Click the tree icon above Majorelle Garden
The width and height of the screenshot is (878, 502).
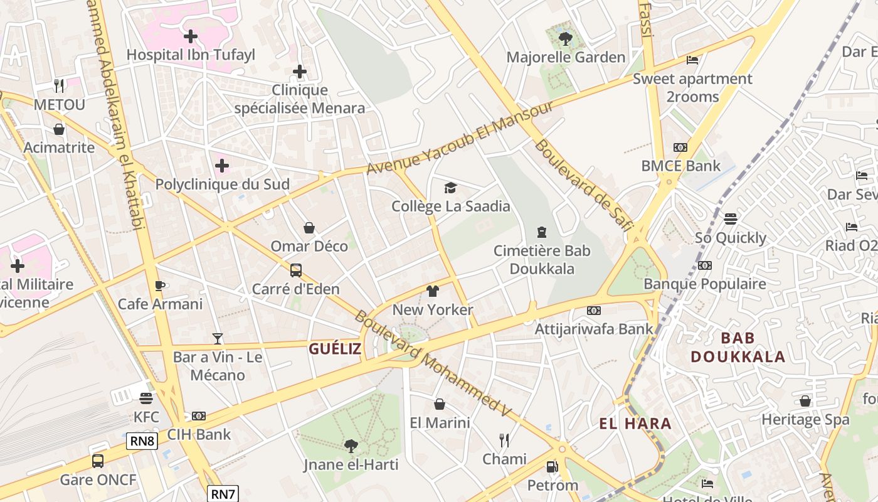click(565, 39)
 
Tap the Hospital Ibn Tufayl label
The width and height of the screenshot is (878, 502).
click(191, 55)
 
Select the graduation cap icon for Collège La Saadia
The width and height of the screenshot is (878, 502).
click(450, 188)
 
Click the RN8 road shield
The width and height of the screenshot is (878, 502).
click(142, 441)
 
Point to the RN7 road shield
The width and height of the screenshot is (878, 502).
click(223, 494)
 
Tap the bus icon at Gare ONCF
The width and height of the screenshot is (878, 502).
click(98, 461)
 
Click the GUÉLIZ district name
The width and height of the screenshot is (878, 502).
click(335, 349)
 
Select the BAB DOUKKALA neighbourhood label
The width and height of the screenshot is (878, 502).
click(738, 348)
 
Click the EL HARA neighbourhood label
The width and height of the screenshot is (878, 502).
click(635, 424)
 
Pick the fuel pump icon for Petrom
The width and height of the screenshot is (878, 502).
click(552, 467)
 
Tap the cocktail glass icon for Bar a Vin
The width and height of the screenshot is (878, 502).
click(218, 339)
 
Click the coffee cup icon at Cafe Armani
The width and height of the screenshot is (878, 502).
click(160, 286)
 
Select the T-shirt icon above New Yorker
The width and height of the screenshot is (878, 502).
click(433, 291)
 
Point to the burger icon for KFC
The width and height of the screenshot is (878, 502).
click(146, 398)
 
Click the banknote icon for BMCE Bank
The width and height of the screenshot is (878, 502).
click(680, 147)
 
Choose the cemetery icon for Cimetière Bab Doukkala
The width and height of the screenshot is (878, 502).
click(542, 232)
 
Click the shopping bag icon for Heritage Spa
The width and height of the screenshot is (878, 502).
click(805, 401)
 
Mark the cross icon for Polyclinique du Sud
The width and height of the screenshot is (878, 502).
click(222, 166)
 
